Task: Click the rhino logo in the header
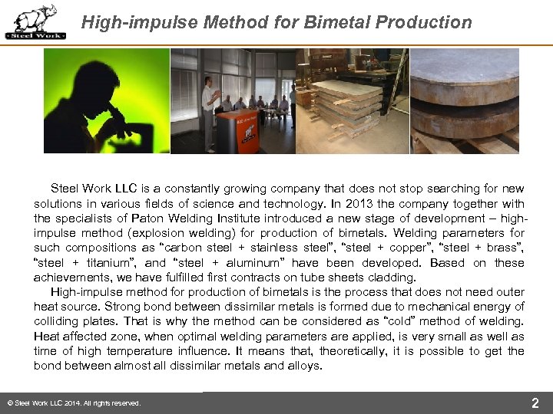point(35,21)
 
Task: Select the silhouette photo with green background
point(106,100)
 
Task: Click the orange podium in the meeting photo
point(237,130)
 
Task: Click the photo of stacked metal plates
point(352,100)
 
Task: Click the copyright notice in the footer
point(73,403)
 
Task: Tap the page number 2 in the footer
point(535,402)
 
